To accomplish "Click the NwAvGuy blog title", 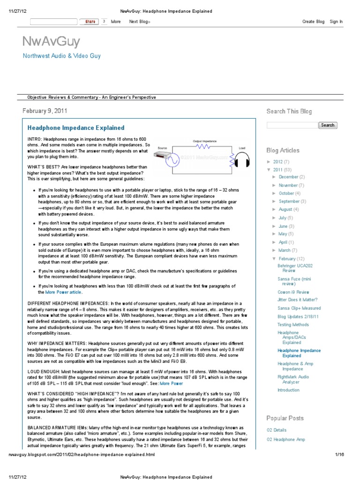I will tap(51, 42).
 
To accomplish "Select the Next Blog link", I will tap(139, 22).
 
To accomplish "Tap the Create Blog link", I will tap(313, 22).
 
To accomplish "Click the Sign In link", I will tap(336, 22).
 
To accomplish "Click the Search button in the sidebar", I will tap(328, 125).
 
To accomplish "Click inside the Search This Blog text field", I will tap(292, 125).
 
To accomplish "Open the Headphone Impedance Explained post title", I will tap(76, 127).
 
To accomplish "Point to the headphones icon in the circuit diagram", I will tap(242, 162).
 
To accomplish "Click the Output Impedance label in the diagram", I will tap(205, 141).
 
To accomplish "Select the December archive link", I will tap(288, 177).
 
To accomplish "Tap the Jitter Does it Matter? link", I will tap(297, 300).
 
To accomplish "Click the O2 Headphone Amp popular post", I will tap(285, 440).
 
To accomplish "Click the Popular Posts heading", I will tap(285, 418).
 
